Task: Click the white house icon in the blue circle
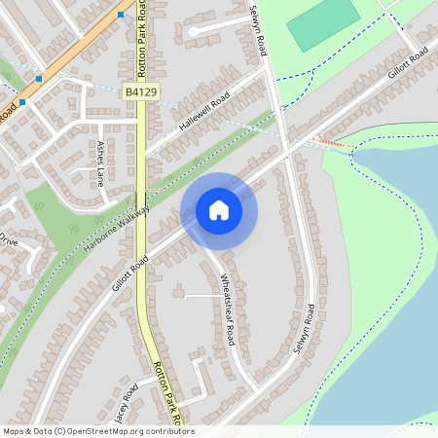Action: pos(219,209)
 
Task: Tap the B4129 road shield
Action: pos(141,91)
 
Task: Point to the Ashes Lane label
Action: pos(100,162)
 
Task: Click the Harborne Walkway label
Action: pos(116,230)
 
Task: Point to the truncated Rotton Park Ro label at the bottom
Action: pos(168,395)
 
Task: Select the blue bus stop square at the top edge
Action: pos(121,15)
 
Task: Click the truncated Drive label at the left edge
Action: pos(9,238)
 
